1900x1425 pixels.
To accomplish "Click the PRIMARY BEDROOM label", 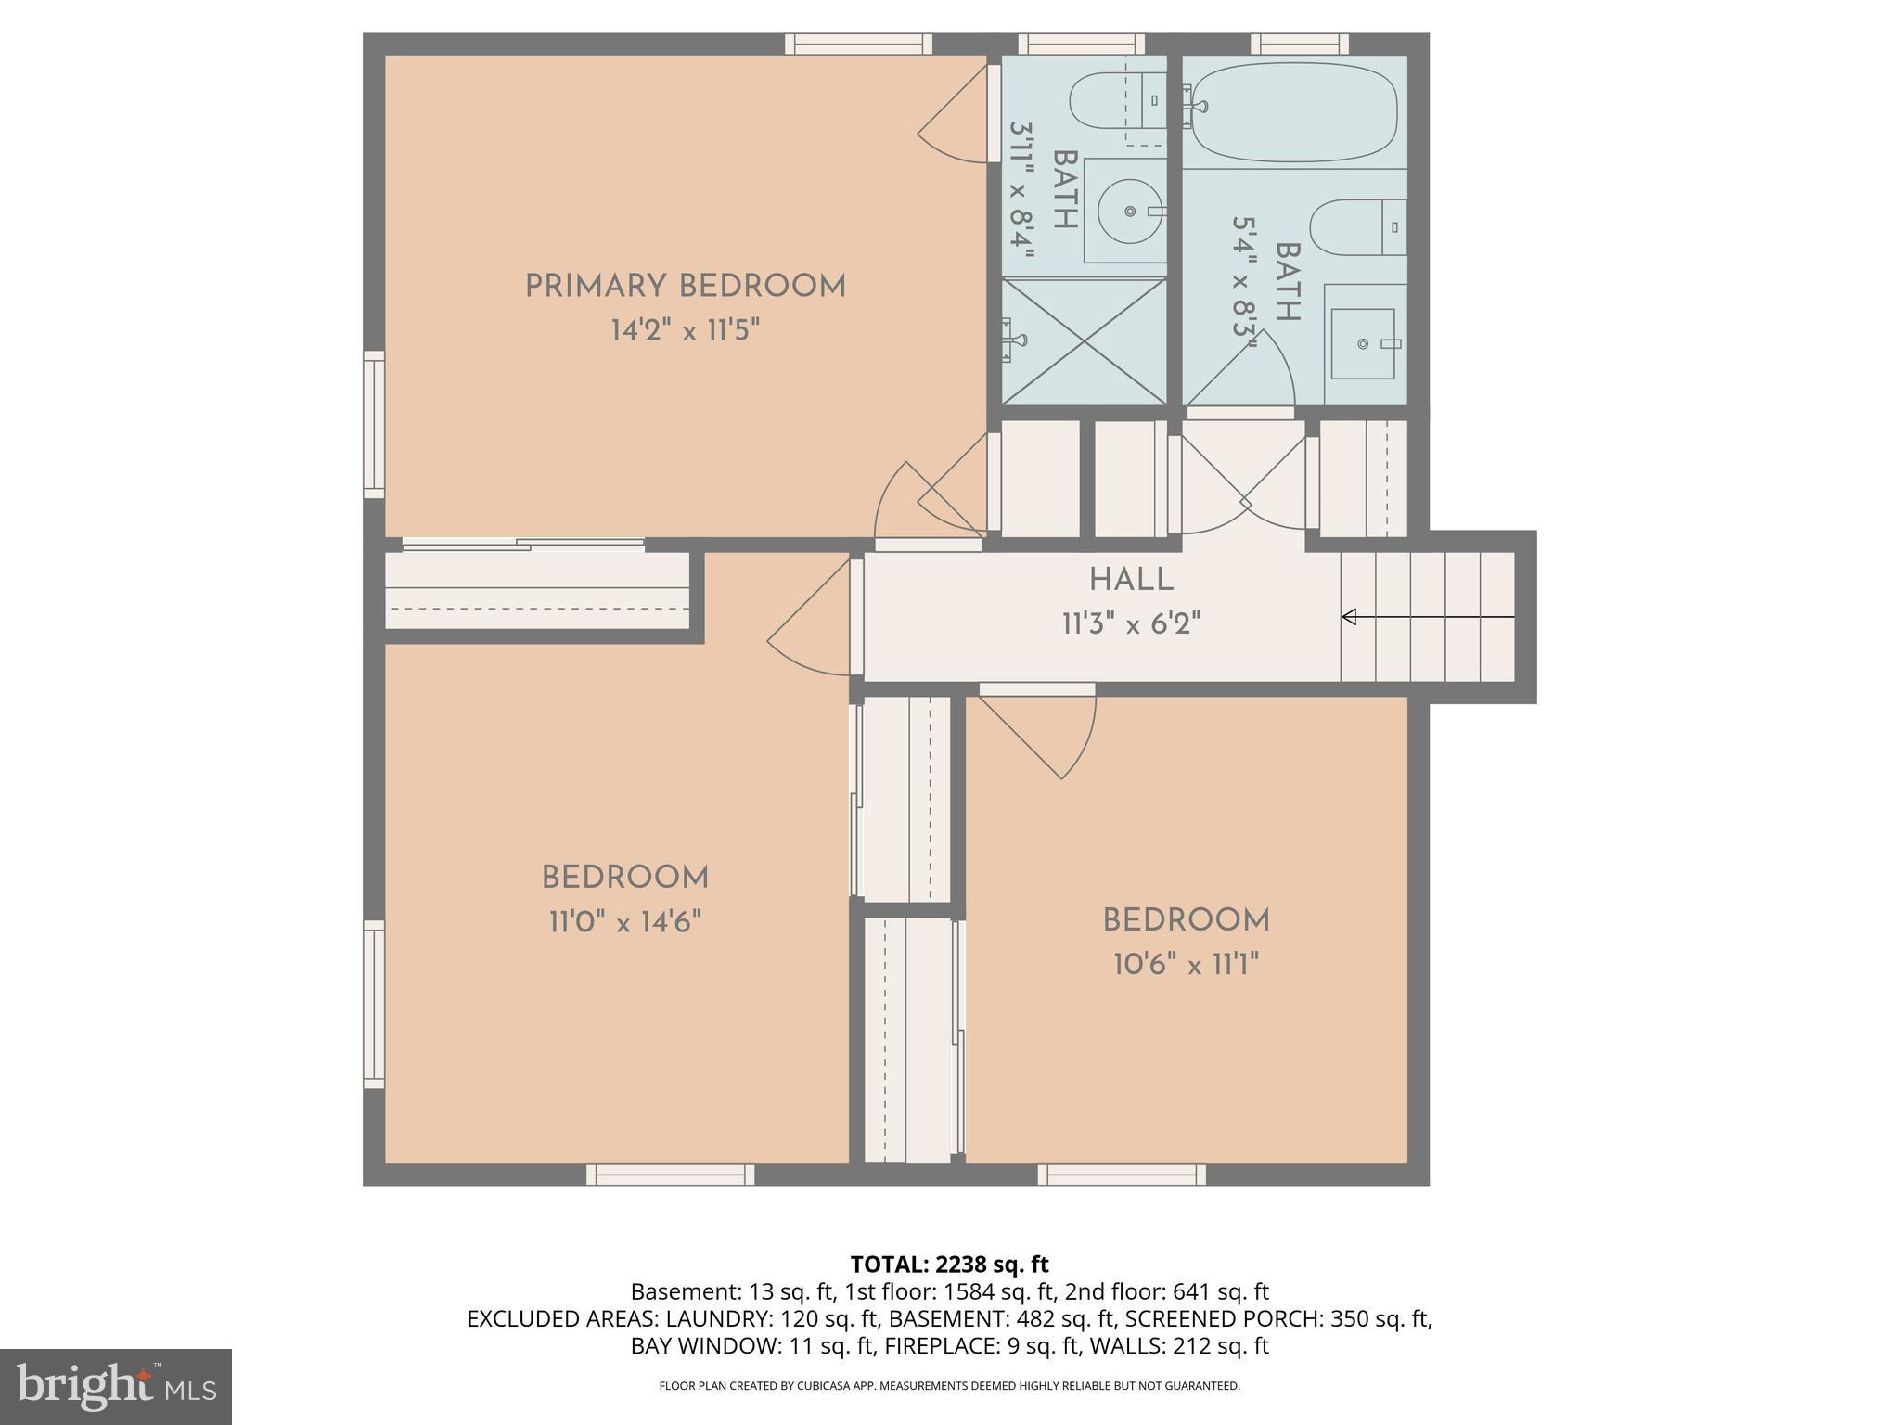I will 685,286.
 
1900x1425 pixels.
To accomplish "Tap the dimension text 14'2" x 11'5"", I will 685,330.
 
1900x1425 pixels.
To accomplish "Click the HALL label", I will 1131,580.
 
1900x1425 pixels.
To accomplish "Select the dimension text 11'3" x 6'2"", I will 1131,623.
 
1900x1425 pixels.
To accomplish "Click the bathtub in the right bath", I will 1293,112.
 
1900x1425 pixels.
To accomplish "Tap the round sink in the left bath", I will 1130,212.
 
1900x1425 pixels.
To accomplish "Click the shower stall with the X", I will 1084,340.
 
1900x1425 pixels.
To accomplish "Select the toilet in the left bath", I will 1117,101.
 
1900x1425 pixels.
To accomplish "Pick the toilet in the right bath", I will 1356,227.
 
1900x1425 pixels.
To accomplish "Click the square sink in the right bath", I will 1363,344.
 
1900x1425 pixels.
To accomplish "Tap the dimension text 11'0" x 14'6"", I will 624,922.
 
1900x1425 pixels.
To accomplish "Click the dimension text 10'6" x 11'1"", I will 1186,965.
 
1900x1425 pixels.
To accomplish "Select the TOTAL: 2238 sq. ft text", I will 949,1264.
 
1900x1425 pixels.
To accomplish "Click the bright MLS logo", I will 115,1386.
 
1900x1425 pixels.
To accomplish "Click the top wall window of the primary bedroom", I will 857,44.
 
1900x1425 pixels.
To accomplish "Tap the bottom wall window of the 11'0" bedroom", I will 670,1175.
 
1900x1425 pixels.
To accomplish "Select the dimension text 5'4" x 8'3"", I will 1245,282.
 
